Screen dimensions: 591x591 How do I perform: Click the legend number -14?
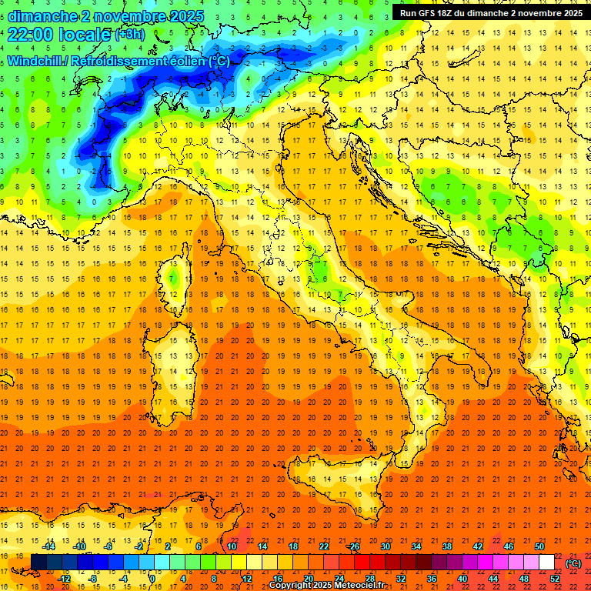click(x=49, y=546)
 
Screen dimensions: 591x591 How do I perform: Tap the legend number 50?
click(x=539, y=546)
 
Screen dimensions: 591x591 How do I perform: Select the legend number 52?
click(x=555, y=578)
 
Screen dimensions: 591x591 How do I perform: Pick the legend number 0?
click(x=152, y=578)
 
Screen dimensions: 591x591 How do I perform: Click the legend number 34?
click(x=416, y=546)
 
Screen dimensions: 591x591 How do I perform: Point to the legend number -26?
click(x=353, y=546)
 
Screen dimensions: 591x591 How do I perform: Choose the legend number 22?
click(x=324, y=546)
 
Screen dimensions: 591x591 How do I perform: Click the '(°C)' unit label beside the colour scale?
click(x=573, y=563)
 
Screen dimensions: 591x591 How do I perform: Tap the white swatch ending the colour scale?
click(x=546, y=563)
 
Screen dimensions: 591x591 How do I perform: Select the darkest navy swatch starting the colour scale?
click(x=38, y=563)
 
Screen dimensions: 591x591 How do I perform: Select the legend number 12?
click(x=247, y=578)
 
